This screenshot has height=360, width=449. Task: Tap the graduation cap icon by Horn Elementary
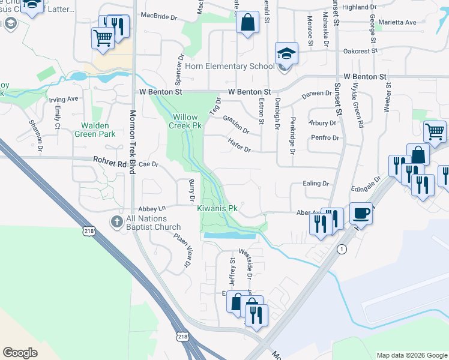tap(286, 53)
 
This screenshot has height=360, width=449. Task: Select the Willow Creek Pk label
tap(187, 121)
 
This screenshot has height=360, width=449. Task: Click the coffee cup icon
tap(361, 213)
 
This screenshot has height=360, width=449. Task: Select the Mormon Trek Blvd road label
tap(133, 140)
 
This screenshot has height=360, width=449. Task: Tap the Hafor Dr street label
tap(239, 145)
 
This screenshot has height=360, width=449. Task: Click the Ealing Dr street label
tap(316, 184)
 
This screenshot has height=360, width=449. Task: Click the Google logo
tap(20, 352)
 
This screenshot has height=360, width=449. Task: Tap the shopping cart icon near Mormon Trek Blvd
tap(103, 38)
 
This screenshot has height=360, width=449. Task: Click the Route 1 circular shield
tap(342, 249)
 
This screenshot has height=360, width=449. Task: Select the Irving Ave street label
tap(64, 99)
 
